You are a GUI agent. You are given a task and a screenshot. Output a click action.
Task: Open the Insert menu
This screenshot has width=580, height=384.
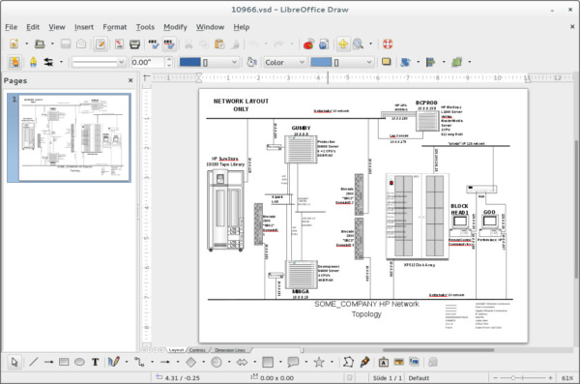click(84, 27)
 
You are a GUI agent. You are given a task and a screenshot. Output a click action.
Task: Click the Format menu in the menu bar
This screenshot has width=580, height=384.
click(114, 27)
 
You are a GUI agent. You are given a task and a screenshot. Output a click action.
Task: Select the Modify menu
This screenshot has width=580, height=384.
click(175, 27)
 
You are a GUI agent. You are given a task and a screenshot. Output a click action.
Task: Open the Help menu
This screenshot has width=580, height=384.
click(242, 27)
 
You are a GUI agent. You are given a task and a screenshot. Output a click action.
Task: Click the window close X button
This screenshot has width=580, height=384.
click(569, 9)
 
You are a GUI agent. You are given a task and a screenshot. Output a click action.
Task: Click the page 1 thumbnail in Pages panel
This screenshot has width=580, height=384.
click(69, 137)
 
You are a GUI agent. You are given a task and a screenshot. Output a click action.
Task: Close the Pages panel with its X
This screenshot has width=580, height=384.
click(137, 81)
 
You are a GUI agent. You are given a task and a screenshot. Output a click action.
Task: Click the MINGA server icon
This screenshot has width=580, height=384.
click(299, 274)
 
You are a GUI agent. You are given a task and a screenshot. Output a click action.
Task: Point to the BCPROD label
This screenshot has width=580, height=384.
click(427, 103)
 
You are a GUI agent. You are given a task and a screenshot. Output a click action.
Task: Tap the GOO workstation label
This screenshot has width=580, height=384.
click(489, 212)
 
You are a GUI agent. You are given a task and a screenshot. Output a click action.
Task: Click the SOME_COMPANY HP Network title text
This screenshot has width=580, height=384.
click(366, 304)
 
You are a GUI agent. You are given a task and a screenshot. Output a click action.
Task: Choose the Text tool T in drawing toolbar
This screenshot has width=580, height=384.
click(96, 362)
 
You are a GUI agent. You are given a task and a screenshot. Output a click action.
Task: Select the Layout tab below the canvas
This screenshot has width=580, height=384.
click(176, 348)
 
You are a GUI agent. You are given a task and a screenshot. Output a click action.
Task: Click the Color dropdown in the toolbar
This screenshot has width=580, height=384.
click(283, 62)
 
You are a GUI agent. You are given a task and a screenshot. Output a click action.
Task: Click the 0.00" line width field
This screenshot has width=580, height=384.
click(144, 62)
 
